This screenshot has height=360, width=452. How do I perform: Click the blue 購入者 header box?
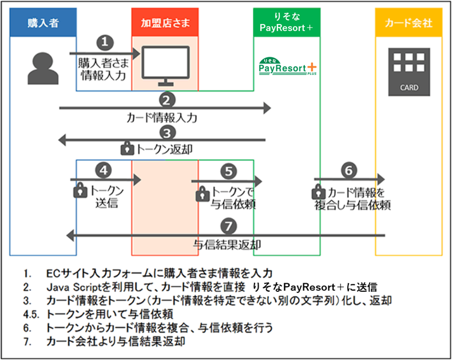click(x=43, y=22)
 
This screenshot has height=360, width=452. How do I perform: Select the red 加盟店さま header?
click(x=165, y=22)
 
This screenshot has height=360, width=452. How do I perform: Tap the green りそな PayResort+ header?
click(x=287, y=22)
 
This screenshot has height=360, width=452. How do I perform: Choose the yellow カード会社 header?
click(x=409, y=22)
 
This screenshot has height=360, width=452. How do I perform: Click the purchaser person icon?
click(x=43, y=68)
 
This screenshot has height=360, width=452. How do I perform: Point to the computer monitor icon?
click(x=166, y=66)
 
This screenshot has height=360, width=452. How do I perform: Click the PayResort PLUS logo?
click(x=287, y=66)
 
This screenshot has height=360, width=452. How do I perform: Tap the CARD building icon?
click(x=409, y=72)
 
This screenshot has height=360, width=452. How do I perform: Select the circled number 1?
click(x=105, y=42)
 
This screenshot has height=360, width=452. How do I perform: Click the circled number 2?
click(x=167, y=100)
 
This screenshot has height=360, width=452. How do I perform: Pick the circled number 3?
click(x=167, y=133)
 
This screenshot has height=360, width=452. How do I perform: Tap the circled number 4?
click(x=104, y=170)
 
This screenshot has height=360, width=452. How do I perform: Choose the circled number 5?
click(x=229, y=171)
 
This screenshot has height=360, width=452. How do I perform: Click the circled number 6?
click(x=349, y=170)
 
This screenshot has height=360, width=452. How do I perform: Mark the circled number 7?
click(x=229, y=226)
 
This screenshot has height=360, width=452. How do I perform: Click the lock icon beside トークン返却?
click(x=127, y=148)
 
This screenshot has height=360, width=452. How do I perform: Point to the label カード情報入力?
click(x=162, y=118)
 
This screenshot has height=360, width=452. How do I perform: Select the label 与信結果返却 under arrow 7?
click(x=227, y=244)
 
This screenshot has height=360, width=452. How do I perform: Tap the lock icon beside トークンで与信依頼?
click(x=203, y=194)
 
